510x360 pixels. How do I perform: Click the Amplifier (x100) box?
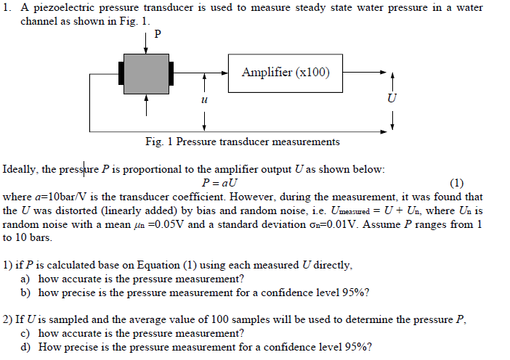pos(286,73)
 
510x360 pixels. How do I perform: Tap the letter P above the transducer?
pos(158,34)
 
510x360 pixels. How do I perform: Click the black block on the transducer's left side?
pos(121,73)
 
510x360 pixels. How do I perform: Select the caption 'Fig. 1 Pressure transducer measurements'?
pos(242,142)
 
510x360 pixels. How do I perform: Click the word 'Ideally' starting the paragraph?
pos(20,169)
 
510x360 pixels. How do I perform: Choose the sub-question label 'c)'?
pos(25,333)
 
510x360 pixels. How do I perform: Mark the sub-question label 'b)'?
pos(25,292)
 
